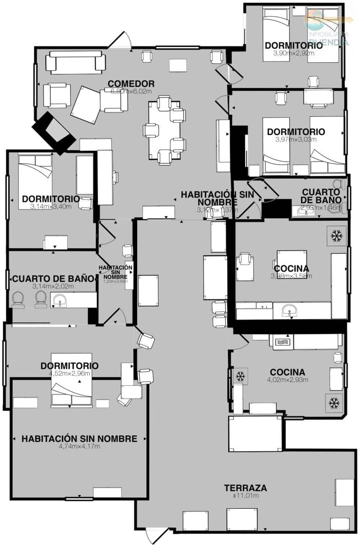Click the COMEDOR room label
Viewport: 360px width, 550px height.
pyautogui.click(x=131, y=84)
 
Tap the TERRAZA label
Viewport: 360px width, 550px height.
pyautogui.click(x=245, y=488)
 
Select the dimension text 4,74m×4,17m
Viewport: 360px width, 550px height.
pyautogui.click(x=79, y=446)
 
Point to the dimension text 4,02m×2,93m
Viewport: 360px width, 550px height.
pyautogui.click(x=287, y=379)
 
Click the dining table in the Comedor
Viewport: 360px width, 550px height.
pyautogui.click(x=164, y=130)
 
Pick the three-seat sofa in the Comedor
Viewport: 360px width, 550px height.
pyautogui.click(x=76, y=63)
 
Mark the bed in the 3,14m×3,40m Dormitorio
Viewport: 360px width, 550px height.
pyautogui.click(x=35, y=181)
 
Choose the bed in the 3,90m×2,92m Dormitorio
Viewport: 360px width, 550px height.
pyautogui.click(x=277, y=34)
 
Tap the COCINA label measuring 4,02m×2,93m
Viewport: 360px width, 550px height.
pyautogui.click(x=287, y=372)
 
